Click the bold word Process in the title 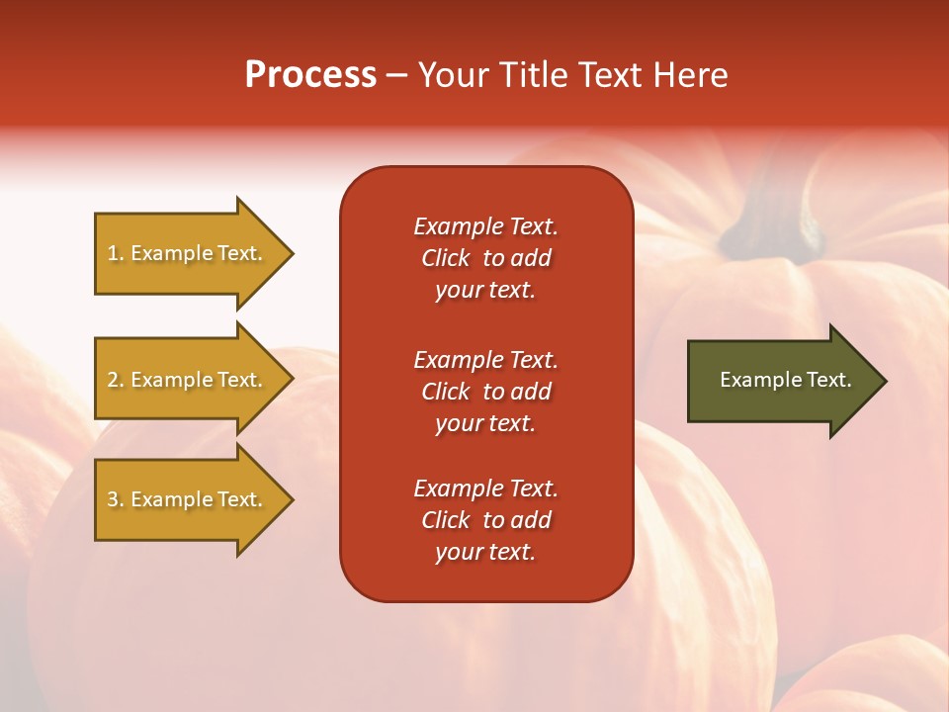pyautogui.click(x=310, y=75)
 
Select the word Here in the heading pyautogui.click(x=689, y=75)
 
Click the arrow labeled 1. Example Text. pyautogui.click(x=188, y=253)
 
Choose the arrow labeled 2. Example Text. pyautogui.click(x=188, y=380)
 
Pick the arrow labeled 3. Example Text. pyautogui.click(x=188, y=499)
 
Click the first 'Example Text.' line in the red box pyautogui.click(x=485, y=226)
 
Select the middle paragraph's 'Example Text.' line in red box pyautogui.click(x=485, y=359)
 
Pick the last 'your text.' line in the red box pyautogui.click(x=485, y=552)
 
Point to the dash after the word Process pyautogui.click(x=397, y=75)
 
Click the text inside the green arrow pyautogui.click(x=785, y=380)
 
